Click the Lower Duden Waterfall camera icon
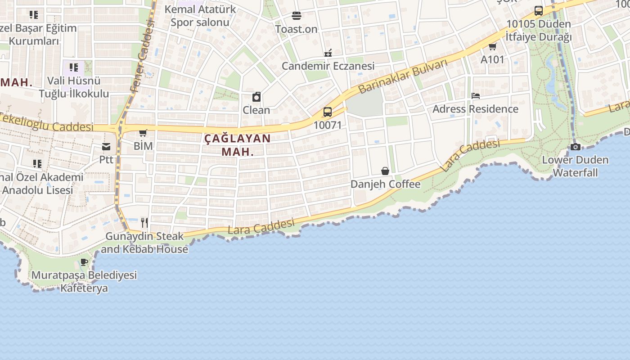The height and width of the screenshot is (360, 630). [575, 147]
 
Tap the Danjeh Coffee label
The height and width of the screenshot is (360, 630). [385, 184]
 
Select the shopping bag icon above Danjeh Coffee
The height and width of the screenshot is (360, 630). [385, 171]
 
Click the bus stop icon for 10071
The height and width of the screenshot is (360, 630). [328, 112]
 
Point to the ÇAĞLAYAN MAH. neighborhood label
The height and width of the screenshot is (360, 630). [238, 144]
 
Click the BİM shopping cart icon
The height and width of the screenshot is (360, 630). [143, 133]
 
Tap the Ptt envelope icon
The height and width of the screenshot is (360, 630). [106, 147]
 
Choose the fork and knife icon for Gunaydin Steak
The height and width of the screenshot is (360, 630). [144, 222]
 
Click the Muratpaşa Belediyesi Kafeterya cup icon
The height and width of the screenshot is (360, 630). [84, 262]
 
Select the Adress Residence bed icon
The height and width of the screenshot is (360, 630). [475, 96]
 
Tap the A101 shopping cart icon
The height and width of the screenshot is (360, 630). [492, 46]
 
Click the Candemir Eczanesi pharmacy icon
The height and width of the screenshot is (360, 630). [328, 53]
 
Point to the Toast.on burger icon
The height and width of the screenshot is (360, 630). [296, 16]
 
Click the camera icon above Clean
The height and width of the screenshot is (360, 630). [256, 97]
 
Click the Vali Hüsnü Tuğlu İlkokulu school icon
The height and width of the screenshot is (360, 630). [74, 68]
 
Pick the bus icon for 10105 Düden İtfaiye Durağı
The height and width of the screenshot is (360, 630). [538, 11]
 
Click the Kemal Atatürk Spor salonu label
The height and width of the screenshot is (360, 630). [200, 15]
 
